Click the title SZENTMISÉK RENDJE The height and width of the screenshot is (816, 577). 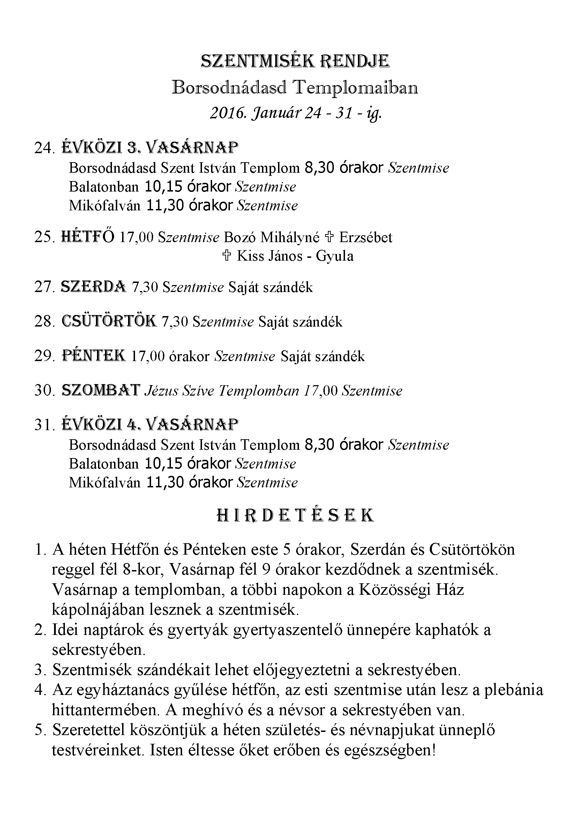[x=295, y=61]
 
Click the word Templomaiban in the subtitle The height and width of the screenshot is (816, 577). [x=355, y=88]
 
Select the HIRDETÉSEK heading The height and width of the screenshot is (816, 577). [x=295, y=516]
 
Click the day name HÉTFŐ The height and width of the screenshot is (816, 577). [x=88, y=237]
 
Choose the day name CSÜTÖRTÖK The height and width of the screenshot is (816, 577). [x=109, y=321]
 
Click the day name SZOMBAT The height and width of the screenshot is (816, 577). [x=101, y=391]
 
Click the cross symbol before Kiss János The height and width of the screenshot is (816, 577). [x=226, y=256]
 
